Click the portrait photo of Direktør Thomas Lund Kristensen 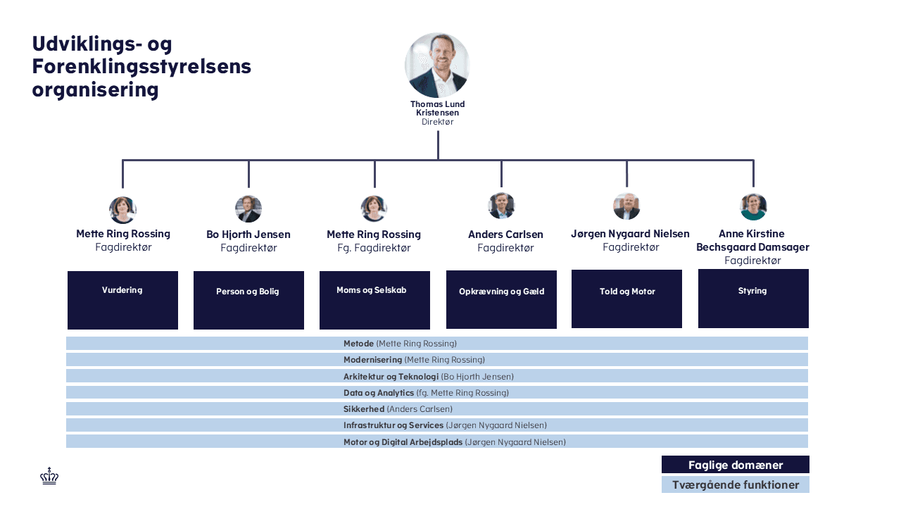pos(437,65)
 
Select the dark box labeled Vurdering pos(122,300)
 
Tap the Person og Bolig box pos(248,300)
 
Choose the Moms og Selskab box pos(374,300)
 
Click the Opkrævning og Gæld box pos(501,299)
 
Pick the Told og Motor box pos(626,299)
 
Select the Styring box pos(753,299)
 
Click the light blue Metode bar pos(436,344)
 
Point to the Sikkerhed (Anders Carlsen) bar pos(436,409)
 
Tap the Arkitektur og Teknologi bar pos(436,377)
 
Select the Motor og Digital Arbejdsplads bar pos(436,442)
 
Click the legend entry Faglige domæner pos(735,465)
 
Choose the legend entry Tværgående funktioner pos(735,485)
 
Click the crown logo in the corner pos(49,477)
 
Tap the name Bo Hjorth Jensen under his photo pos(248,234)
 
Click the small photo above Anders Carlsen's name pos(501,206)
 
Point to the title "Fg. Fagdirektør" pos(374,248)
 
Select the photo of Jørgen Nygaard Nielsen pos(626,206)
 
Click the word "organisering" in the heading pos(95,90)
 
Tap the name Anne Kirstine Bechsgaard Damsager pos(752,240)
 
